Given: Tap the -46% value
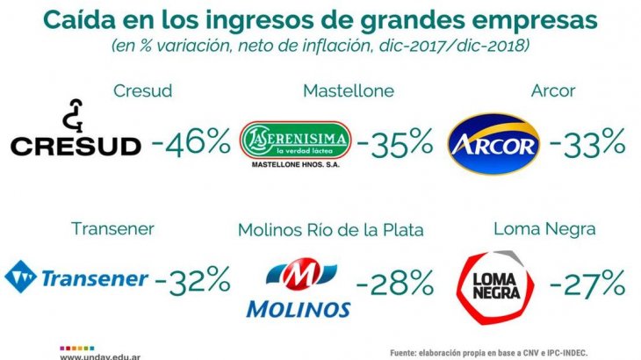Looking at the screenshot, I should click(x=190, y=140).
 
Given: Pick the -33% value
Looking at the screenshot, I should click(x=587, y=140).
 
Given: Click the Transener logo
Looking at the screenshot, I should click(x=76, y=278).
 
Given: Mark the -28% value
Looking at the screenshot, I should click(x=394, y=283).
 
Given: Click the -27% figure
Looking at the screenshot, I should click(x=587, y=282).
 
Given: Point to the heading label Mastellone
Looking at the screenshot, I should click(x=348, y=90).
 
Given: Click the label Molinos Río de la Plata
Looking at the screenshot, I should click(x=330, y=230).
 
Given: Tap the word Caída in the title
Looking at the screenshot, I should click(x=79, y=19).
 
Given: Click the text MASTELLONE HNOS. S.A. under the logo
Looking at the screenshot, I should click(x=295, y=164).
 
